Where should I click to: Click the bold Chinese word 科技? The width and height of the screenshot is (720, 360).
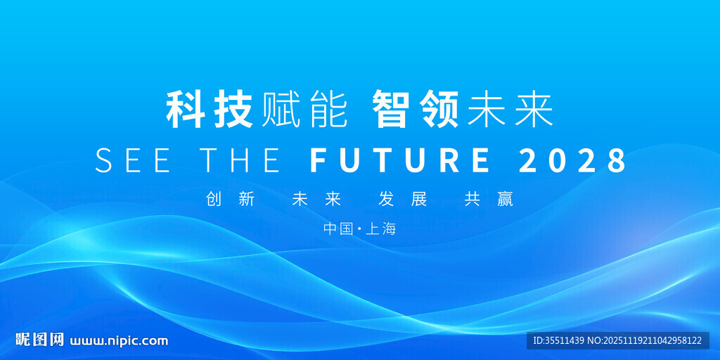(x=210, y=110)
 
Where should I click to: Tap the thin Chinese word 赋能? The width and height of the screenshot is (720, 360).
(x=304, y=110)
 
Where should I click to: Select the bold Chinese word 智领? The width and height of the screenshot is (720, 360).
(x=416, y=110)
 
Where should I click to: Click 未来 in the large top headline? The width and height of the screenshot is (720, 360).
(x=510, y=110)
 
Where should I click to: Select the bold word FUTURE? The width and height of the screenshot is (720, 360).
(x=400, y=160)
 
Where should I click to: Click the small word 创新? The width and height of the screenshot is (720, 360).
(x=231, y=200)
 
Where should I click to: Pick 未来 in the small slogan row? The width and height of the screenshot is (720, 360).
(x=316, y=200)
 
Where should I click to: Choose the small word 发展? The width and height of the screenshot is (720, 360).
(x=403, y=200)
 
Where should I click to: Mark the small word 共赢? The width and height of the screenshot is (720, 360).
(x=489, y=200)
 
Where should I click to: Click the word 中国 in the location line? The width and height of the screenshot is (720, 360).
(x=338, y=229)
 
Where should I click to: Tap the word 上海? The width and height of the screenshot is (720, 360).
(x=380, y=229)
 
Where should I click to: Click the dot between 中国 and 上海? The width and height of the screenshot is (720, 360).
(x=359, y=229)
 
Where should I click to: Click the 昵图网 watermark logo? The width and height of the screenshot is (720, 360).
(x=39, y=340)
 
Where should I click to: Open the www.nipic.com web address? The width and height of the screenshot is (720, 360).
(x=118, y=341)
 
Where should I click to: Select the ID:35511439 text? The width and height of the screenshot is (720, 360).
(x=558, y=341)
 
